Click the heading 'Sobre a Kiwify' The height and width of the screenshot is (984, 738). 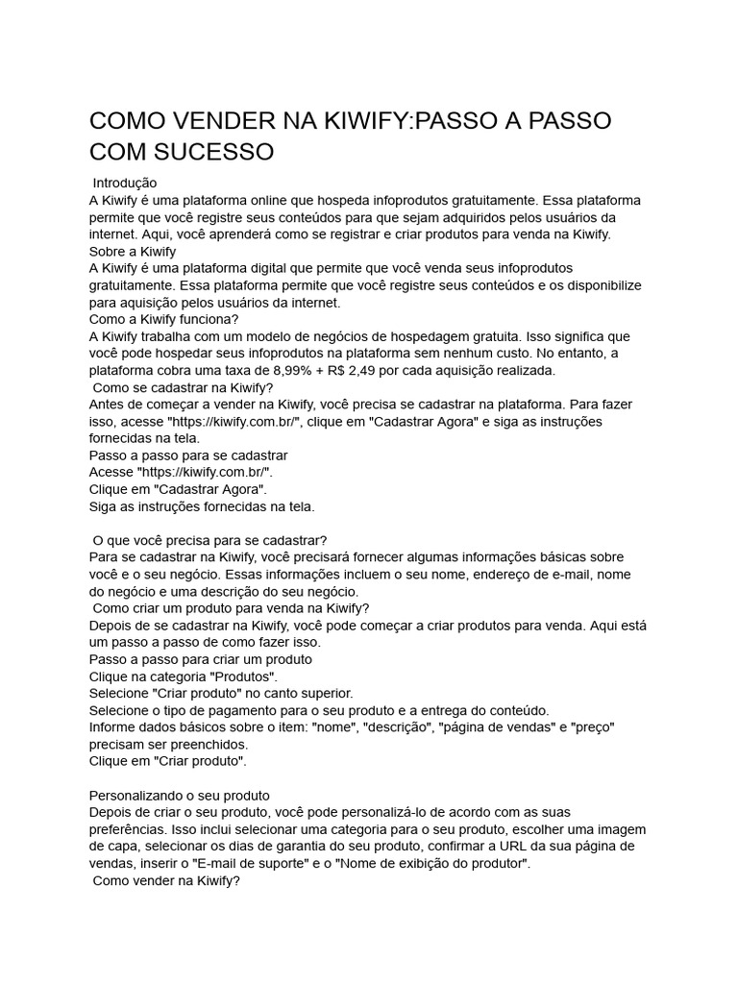[x=132, y=251]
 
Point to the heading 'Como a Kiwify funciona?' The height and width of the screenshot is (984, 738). [x=163, y=320]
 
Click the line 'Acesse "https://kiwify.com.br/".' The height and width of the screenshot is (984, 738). [x=181, y=472]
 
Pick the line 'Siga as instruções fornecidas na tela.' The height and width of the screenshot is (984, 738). [x=201, y=506]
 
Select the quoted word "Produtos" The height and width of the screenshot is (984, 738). [x=244, y=676]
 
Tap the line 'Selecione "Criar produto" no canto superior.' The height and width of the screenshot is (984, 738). [x=221, y=693]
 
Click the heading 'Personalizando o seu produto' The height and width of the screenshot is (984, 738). [x=179, y=795]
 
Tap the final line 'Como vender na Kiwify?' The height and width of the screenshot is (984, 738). [x=165, y=880]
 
